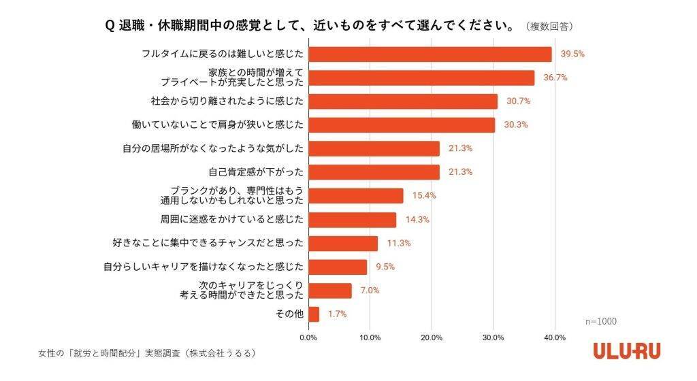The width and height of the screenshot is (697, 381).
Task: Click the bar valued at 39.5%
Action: coord(430,54)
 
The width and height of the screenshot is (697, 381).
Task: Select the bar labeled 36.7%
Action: coord(421,78)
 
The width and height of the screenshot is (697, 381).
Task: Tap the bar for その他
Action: coord(314,314)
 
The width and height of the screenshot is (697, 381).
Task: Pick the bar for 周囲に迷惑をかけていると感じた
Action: coord(353,220)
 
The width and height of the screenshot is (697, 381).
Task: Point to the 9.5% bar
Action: coord(338,267)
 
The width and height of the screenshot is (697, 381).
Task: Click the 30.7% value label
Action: coord(518,101)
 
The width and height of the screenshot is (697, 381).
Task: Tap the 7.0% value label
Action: coord(370,291)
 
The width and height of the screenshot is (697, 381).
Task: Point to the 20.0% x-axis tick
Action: coord(432,337)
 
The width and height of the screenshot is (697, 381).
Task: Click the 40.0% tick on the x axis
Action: coord(555,337)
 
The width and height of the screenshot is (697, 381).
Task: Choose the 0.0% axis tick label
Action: coord(309,337)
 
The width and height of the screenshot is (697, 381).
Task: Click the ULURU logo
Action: coord(626,351)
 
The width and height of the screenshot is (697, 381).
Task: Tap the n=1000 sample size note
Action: coord(601,321)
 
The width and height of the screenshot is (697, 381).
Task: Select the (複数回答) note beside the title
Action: coord(549,27)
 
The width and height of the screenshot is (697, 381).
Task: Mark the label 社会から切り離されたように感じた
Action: coord(225,101)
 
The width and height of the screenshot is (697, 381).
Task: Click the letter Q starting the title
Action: coord(109,26)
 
